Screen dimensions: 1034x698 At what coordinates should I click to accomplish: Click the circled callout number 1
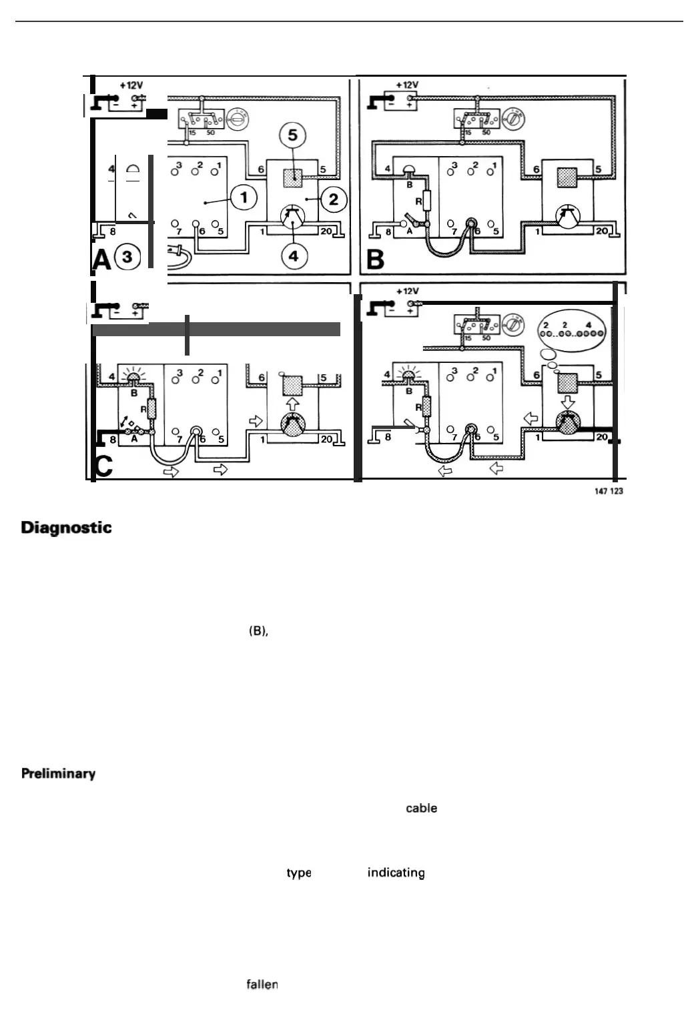pyautogui.click(x=244, y=197)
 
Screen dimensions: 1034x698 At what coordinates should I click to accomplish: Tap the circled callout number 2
pyautogui.click(x=334, y=199)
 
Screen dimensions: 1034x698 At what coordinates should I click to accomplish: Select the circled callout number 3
pyautogui.click(x=127, y=257)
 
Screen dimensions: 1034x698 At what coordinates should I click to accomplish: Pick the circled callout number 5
pyautogui.click(x=292, y=135)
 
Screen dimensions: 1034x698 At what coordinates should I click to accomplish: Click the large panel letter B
pyautogui.click(x=376, y=260)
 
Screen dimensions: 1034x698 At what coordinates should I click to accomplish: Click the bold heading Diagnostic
pyautogui.click(x=66, y=528)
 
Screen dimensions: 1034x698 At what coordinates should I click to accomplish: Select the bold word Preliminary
pyautogui.click(x=58, y=774)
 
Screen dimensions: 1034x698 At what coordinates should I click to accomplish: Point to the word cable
pyautogui.click(x=421, y=808)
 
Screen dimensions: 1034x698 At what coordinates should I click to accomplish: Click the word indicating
pyautogui.click(x=396, y=873)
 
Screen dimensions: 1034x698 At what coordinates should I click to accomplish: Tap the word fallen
pyautogui.click(x=262, y=984)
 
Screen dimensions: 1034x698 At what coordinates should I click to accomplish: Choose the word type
pyautogui.click(x=298, y=873)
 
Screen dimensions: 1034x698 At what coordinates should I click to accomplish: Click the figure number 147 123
pyautogui.click(x=608, y=492)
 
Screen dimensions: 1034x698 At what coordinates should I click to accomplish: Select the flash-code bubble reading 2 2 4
pyautogui.click(x=572, y=329)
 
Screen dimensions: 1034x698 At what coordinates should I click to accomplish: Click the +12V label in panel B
pyautogui.click(x=407, y=85)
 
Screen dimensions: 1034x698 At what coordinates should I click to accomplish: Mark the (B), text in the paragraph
pyautogui.click(x=258, y=631)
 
